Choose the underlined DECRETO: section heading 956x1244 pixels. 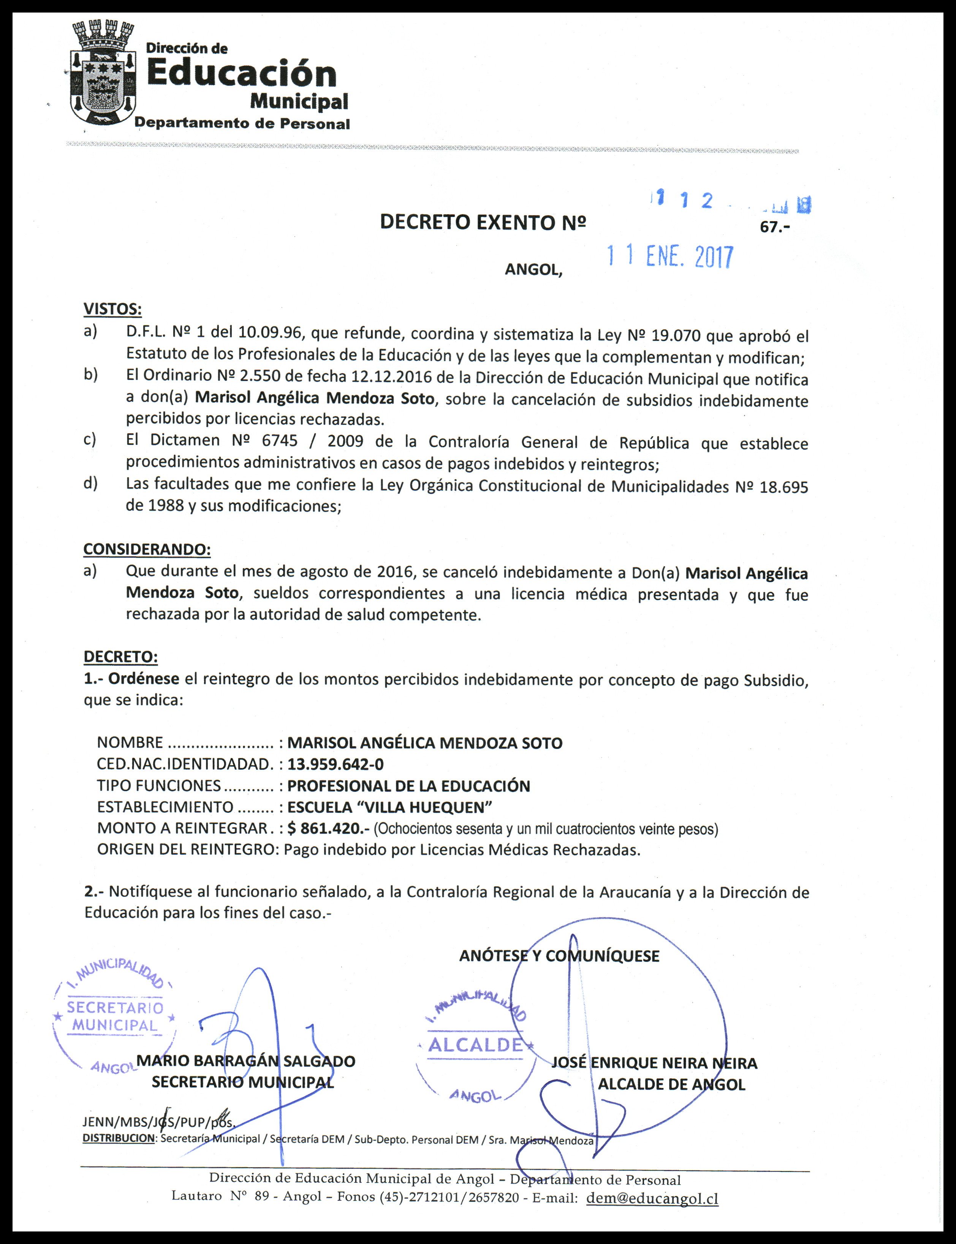[120, 657]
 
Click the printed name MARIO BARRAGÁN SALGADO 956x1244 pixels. [246, 1061]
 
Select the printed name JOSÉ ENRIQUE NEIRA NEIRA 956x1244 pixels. [654, 1063]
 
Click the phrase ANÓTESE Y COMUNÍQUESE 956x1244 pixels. [559, 956]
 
